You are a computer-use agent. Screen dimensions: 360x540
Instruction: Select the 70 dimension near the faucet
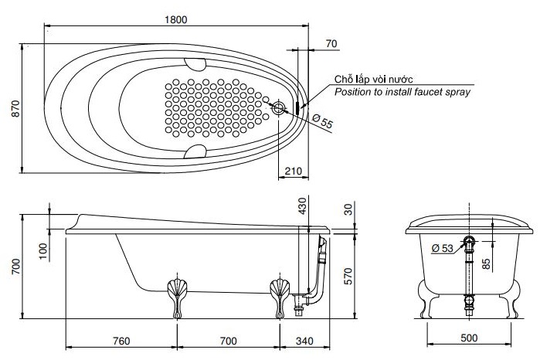[x=331, y=45]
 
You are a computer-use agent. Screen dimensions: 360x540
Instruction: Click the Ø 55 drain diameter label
[x=322, y=121]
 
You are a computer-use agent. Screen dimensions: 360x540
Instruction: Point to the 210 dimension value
[x=293, y=171]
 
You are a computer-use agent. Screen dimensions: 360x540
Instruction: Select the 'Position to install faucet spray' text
[x=402, y=92]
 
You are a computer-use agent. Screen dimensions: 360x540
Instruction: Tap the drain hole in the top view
[x=280, y=109]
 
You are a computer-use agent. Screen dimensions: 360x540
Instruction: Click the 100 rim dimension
[x=43, y=250]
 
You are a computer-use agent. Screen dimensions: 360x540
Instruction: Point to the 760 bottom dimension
[x=121, y=341]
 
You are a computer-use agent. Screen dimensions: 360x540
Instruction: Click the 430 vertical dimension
[x=302, y=206]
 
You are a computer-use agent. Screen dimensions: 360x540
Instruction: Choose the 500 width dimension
[x=468, y=338]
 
